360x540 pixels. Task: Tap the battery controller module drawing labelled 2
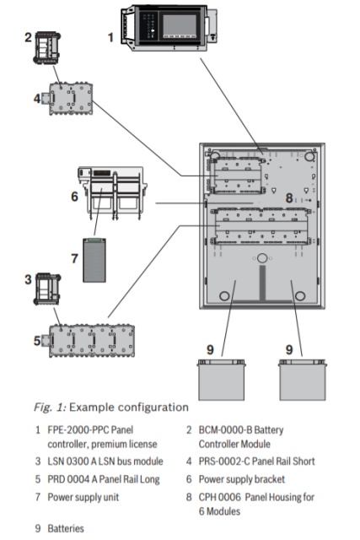pyautogui.click(x=47, y=48)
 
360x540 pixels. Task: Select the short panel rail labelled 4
pyautogui.click(x=67, y=99)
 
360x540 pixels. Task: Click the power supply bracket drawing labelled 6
pyautogui.click(x=111, y=192)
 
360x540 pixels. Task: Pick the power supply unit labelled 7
pyautogui.click(x=94, y=260)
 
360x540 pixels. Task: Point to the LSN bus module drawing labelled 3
pyautogui.click(x=47, y=289)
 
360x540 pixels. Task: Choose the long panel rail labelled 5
pyautogui.click(x=89, y=341)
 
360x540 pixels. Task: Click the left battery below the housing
pyautogui.click(x=221, y=380)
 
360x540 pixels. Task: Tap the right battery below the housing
pyautogui.click(x=302, y=380)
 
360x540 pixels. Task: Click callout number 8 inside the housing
pyautogui.click(x=289, y=197)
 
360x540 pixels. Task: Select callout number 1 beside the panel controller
pyautogui.click(x=110, y=37)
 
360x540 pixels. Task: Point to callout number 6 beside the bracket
pyautogui.click(x=75, y=197)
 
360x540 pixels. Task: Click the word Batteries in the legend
pyautogui.click(x=66, y=528)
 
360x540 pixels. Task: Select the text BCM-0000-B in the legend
pyautogui.click(x=225, y=429)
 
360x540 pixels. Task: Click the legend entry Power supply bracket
pyautogui.click(x=242, y=479)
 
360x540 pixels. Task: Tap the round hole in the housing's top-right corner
pyautogui.click(x=309, y=157)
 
